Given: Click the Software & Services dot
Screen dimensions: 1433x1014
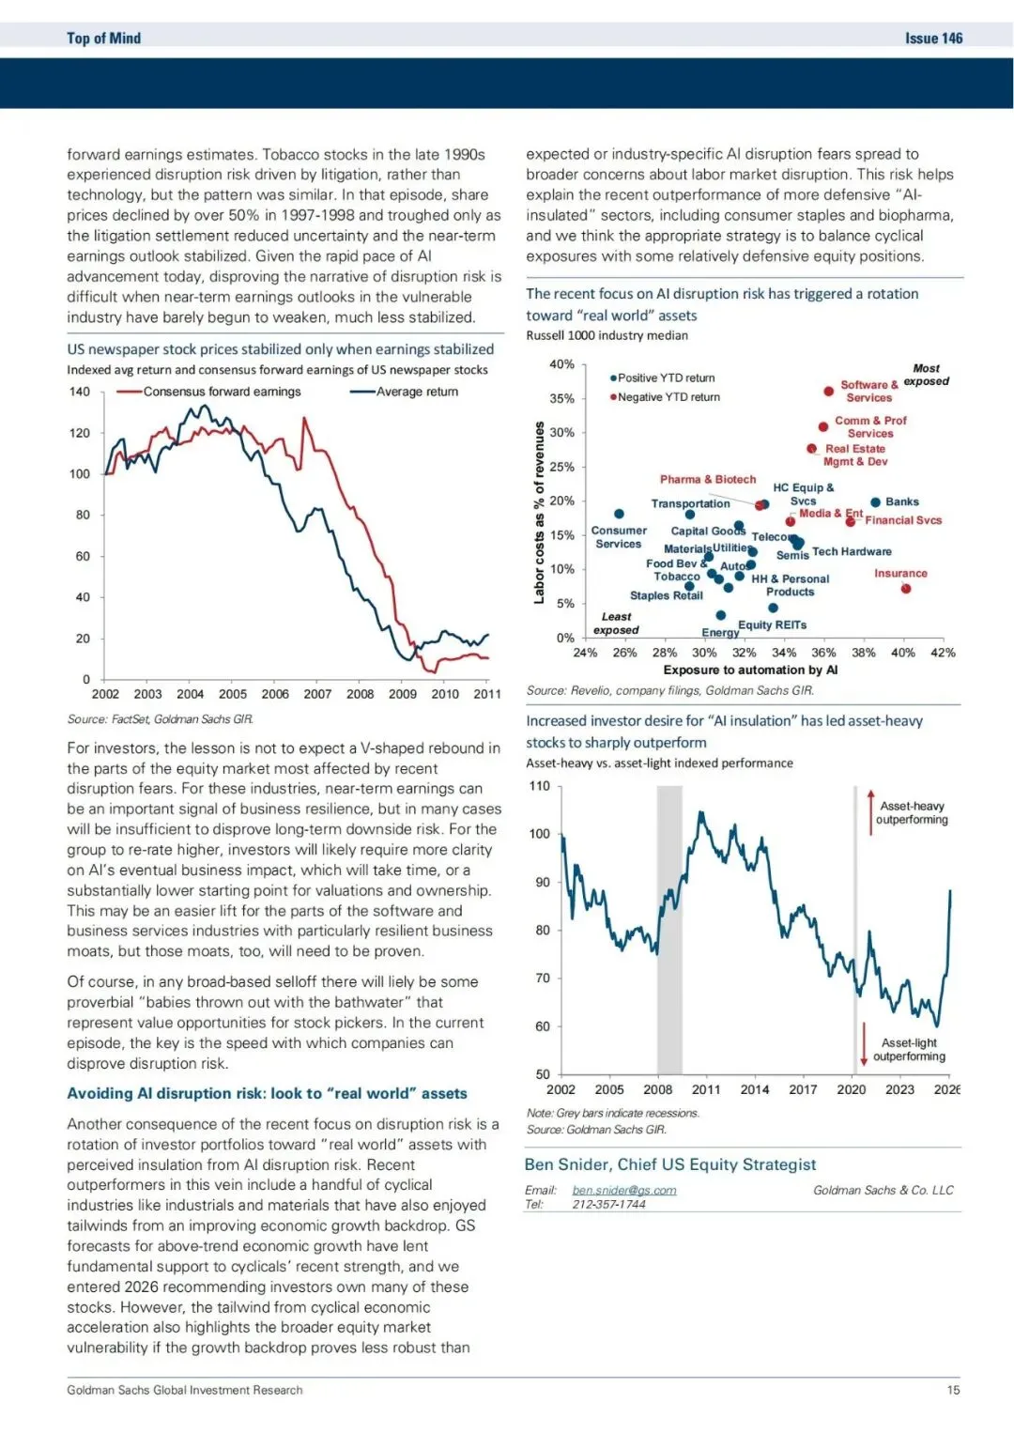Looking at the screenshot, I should [828, 392].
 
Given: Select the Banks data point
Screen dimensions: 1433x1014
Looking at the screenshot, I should [875, 502].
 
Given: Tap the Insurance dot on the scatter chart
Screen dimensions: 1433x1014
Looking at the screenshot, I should [905, 589].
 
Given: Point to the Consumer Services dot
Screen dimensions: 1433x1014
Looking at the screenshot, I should [619, 514].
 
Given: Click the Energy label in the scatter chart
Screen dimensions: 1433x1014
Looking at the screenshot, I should [720, 632].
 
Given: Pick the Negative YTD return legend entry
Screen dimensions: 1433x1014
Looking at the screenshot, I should [665, 397].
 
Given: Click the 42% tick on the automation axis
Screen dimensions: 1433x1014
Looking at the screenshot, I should [943, 653].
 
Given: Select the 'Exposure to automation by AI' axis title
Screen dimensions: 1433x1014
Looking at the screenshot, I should [750, 670].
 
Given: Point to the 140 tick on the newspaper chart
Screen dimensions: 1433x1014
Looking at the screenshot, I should [80, 392].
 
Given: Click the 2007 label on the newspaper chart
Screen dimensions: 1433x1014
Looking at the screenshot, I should [317, 694].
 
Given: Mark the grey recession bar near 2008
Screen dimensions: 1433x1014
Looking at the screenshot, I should [668, 930].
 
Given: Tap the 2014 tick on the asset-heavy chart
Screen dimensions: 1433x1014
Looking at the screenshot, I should [754, 1089].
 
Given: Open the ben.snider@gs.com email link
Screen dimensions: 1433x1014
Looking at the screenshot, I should [624, 1190].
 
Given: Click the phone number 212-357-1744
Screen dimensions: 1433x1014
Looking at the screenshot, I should [608, 1204].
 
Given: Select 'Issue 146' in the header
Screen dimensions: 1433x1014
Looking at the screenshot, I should [933, 39].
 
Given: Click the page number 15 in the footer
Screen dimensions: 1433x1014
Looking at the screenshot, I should [953, 1390].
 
